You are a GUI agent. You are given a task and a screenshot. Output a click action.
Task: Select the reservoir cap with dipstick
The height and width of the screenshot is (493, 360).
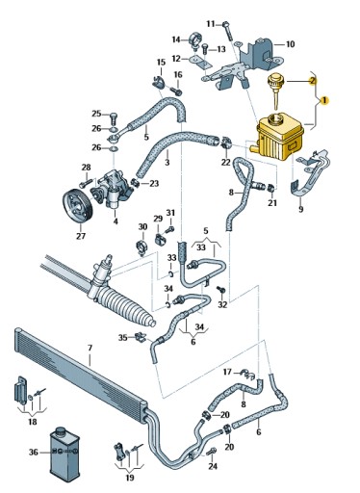pyautogui.click(x=275, y=90)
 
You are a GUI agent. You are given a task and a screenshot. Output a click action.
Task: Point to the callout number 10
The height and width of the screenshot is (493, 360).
pyautogui.click(x=290, y=44)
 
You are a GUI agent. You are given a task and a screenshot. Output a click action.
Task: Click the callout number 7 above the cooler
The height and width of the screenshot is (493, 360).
pyautogui.click(x=90, y=348)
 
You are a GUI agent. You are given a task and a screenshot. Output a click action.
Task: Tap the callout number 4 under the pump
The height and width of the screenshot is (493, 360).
pyautogui.click(x=116, y=221)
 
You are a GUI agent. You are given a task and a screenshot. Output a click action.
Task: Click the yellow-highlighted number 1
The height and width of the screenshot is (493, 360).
pyautogui.click(x=324, y=100)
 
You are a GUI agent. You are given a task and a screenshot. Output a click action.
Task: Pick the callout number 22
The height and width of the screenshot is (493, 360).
pyautogui.click(x=226, y=163)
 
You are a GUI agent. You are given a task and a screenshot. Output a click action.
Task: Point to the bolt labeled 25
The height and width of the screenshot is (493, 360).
pyautogui.click(x=113, y=118)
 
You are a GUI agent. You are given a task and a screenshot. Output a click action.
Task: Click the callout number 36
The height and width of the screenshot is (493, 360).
pyautogui.click(x=34, y=453)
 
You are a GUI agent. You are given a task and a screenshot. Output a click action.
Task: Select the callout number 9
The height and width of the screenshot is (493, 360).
pyautogui.click(x=300, y=209)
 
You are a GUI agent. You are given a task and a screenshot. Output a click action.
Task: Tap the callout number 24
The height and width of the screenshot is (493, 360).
pyautogui.click(x=213, y=466)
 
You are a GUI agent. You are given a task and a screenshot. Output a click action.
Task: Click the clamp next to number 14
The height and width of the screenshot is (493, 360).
pyautogui.click(x=196, y=39)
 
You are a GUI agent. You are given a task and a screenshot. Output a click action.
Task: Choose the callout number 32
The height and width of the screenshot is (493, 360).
pyautogui.click(x=222, y=304)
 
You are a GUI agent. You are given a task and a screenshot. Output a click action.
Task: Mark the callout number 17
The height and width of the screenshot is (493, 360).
pyautogui.click(x=227, y=372)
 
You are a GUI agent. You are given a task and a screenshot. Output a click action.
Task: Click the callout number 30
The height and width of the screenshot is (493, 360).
pyautogui.click(x=142, y=227)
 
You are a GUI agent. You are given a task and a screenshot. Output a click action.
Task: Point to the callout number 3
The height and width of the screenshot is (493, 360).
pyautogui.click(x=167, y=163)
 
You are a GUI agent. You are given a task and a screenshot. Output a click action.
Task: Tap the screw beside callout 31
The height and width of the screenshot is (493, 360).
pyautogui.click(x=170, y=230)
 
